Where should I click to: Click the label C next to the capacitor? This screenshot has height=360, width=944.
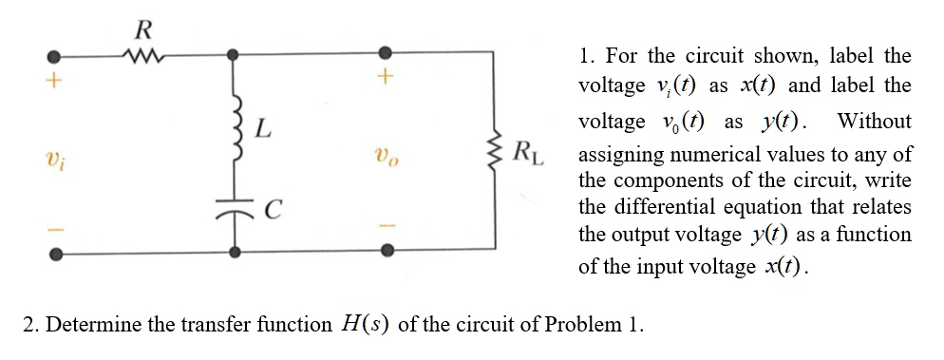pyautogui.click(x=270, y=203)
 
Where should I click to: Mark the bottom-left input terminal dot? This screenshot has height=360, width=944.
pyautogui.click(x=56, y=253)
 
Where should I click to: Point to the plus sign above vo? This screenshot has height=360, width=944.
pyautogui.click(x=386, y=80)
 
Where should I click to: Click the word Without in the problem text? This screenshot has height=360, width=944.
pyautogui.click(x=874, y=122)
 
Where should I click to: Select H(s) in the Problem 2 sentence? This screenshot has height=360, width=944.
pyautogui.click(x=363, y=324)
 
